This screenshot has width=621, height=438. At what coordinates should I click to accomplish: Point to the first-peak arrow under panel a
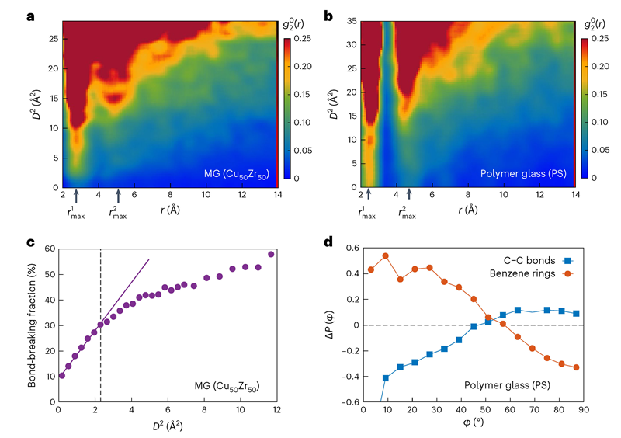coord(76,196)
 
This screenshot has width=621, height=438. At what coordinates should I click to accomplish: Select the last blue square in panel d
coord(576,314)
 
